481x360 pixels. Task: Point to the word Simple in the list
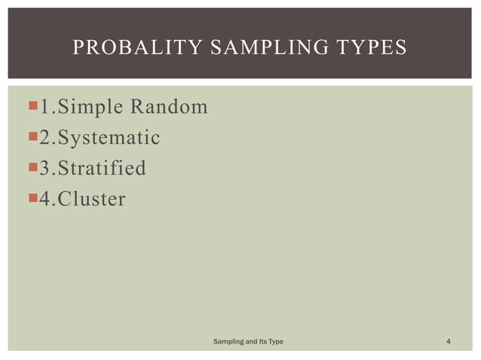click(90, 107)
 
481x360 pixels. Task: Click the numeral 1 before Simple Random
click(45, 107)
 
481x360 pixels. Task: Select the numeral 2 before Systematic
click(45, 138)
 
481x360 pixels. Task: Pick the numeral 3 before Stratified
click(45, 168)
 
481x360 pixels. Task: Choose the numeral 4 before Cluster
click(45, 199)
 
